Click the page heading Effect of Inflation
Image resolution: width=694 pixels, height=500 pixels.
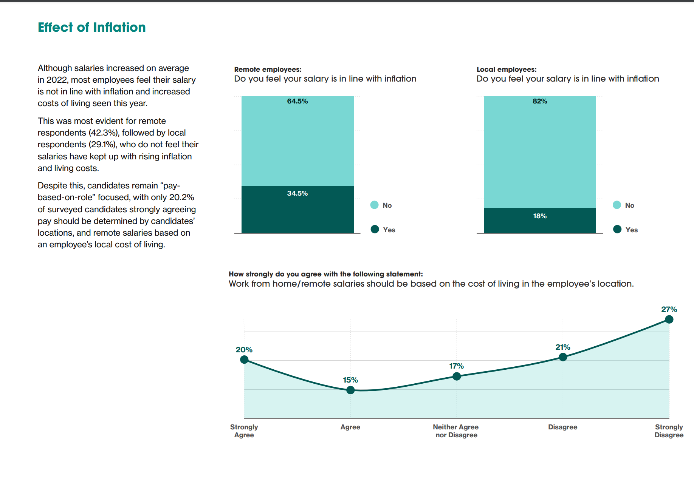click(91, 27)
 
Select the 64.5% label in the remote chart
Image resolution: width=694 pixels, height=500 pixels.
click(297, 101)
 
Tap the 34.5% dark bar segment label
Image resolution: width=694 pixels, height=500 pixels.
click(297, 193)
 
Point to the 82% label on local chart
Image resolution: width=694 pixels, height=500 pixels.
click(540, 101)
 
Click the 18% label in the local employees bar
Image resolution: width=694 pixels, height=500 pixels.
click(540, 216)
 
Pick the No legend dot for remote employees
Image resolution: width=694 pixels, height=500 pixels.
click(375, 205)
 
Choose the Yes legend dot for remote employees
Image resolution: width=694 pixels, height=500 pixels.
click(375, 229)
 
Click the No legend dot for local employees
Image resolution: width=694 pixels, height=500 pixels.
click(617, 205)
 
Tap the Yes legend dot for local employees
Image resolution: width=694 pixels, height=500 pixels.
click(617, 229)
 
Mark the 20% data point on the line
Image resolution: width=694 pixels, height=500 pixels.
click(245, 360)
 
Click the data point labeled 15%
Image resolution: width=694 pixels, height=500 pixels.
click(350, 390)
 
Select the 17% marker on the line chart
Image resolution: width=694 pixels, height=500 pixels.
click(457, 376)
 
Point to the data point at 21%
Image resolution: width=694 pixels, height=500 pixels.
click(563, 357)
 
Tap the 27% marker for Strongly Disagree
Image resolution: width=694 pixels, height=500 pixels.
click(669, 319)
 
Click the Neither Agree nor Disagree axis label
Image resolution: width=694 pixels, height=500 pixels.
click(456, 431)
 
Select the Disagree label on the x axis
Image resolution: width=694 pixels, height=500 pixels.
click(562, 427)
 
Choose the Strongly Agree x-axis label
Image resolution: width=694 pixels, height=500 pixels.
click(244, 431)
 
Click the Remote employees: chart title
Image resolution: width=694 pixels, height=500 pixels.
click(268, 69)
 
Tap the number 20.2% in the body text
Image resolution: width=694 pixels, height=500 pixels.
click(181, 198)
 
